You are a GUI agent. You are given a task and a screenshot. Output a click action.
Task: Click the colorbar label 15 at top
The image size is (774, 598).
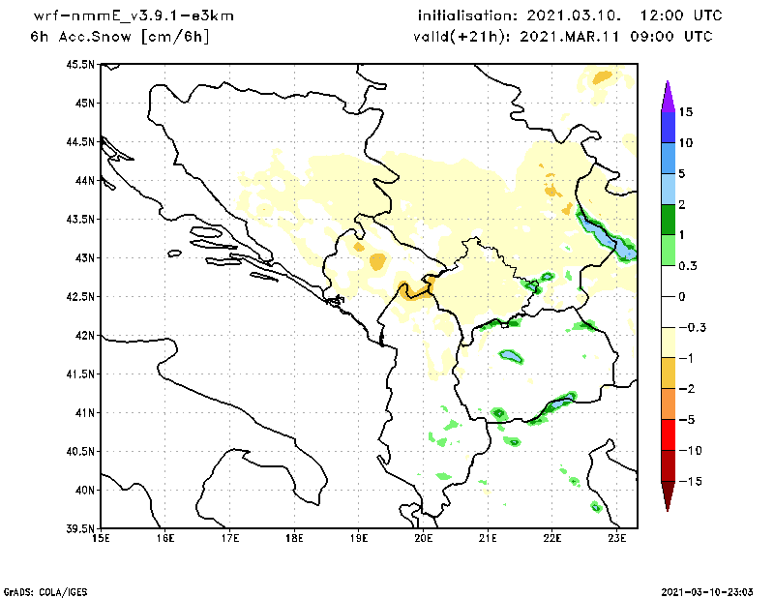point(685,112)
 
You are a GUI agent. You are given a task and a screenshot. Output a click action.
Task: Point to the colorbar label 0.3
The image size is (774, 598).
point(687,265)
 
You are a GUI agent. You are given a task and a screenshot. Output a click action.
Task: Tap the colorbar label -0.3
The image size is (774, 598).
point(689,327)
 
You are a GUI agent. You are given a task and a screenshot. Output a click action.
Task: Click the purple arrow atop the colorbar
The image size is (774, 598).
point(667,96)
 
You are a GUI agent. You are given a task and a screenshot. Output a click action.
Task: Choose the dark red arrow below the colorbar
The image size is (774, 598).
point(667,495)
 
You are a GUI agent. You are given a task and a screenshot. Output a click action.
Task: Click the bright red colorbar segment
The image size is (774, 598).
point(667,434)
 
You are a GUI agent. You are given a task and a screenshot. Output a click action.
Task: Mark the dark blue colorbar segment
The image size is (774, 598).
point(667,127)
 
